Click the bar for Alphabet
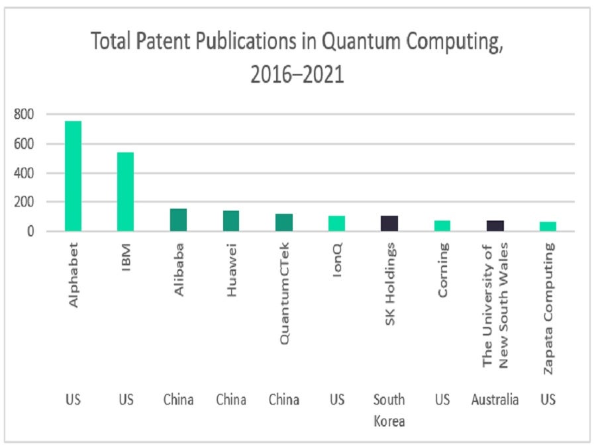point(73,176)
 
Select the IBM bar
point(125,192)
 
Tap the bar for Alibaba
point(178,220)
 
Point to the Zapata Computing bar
point(548,226)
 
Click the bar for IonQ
point(336,223)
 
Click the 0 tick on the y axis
point(30,232)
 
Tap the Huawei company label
point(231,271)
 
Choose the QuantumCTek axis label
point(284,293)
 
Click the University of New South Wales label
point(495,305)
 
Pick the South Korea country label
point(389,410)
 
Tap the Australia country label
point(495,400)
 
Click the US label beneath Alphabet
point(73,400)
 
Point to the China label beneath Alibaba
point(178,400)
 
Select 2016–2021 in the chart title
point(297,74)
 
